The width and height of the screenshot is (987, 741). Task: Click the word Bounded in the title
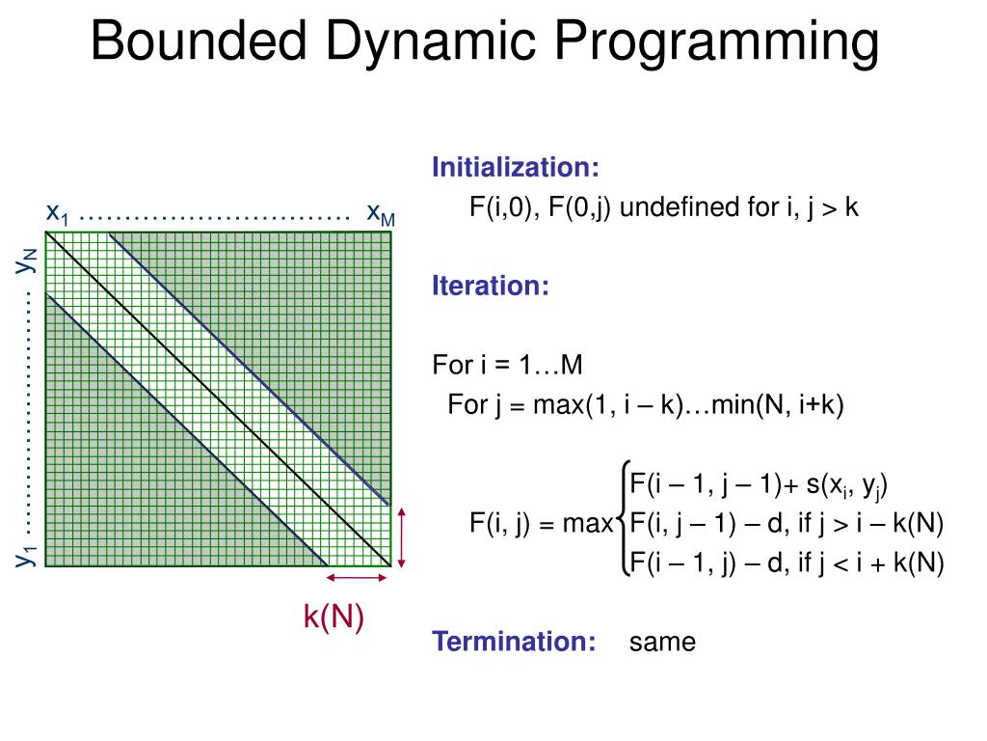pyautogui.click(x=199, y=43)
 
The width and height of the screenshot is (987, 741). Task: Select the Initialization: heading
pyautogui.click(x=516, y=168)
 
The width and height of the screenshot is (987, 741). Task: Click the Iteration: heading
pyautogui.click(x=491, y=287)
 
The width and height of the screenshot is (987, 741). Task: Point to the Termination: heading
pyautogui.click(x=515, y=642)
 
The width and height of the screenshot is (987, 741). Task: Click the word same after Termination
pyautogui.click(x=662, y=643)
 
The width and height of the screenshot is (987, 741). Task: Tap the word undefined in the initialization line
pyautogui.click(x=680, y=207)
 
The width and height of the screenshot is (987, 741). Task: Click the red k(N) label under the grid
pyautogui.click(x=333, y=617)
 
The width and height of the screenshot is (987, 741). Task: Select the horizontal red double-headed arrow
pyautogui.click(x=358, y=578)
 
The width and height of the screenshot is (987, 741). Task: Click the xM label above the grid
pyautogui.click(x=381, y=214)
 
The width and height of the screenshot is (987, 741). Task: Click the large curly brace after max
pyautogui.click(x=623, y=522)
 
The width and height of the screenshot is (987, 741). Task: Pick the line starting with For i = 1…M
pyautogui.click(x=508, y=366)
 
